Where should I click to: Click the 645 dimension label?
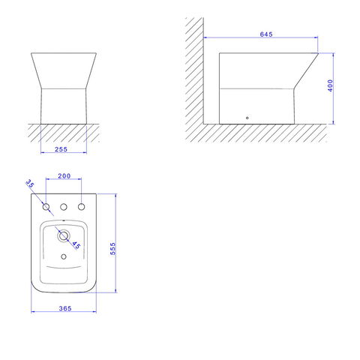click(x=266, y=34)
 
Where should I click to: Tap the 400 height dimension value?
click(x=330, y=85)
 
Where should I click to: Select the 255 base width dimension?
click(x=61, y=149)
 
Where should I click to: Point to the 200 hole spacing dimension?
click(x=64, y=176)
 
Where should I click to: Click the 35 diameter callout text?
click(x=30, y=184)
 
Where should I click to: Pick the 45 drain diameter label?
click(x=76, y=245)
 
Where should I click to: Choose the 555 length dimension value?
click(x=113, y=248)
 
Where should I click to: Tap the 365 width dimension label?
click(x=65, y=308)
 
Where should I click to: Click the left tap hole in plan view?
click(x=46, y=207)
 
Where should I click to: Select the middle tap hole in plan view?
click(x=64, y=207)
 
